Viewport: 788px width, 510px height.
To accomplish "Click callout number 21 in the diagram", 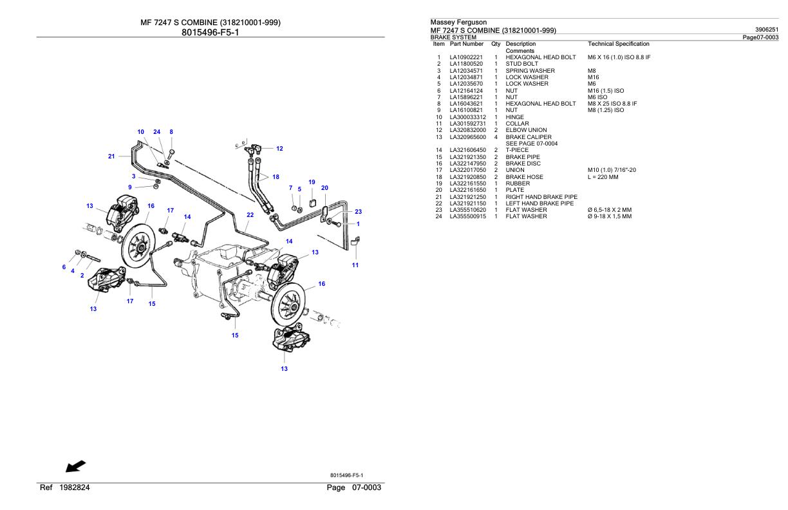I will pos(111,156).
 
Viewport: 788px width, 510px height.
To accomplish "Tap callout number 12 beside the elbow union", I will pos(279,149).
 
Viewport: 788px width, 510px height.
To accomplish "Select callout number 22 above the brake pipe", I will pos(250,215).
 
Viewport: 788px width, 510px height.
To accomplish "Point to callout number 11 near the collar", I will pos(355,265).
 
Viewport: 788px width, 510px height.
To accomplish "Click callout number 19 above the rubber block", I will pos(312,182).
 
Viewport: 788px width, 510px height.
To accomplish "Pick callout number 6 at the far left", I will pos(64,267).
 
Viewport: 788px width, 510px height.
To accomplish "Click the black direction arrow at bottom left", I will pos(75,466).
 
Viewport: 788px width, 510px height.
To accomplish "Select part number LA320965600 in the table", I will pos(467,137).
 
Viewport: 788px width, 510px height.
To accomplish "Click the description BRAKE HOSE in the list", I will pos(524,177).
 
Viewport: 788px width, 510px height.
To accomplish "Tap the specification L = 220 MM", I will pos(603,177).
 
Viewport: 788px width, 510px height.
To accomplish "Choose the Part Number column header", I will pos(467,44).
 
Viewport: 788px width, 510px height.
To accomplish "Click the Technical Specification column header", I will pos(618,44).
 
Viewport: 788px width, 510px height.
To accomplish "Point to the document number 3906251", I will pos(766,30).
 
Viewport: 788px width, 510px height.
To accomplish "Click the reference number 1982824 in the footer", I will pos(75,487).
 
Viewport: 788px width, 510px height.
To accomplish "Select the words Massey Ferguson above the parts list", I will pos(458,23).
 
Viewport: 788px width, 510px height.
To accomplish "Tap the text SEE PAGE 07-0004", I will pos(531,144).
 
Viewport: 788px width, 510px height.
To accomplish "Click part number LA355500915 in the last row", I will pos(467,216).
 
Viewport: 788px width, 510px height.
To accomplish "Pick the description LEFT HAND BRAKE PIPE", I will pos(539,203).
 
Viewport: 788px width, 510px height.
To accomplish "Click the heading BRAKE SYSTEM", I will pos(453,37).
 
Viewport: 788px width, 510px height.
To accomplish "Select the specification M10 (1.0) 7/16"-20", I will pos(612,170).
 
